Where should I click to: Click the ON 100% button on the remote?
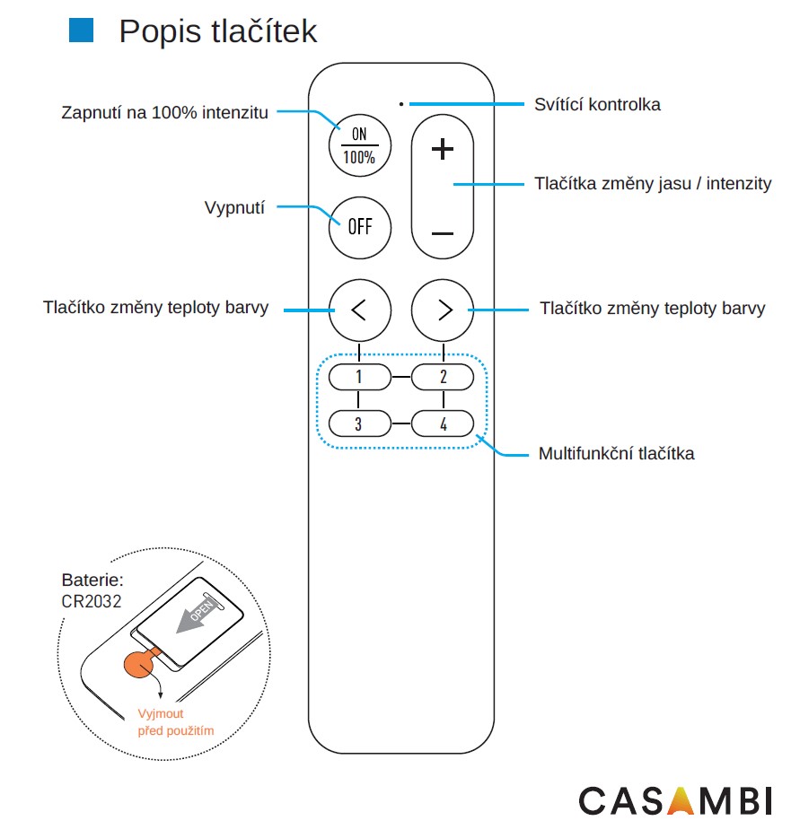coord(360,144)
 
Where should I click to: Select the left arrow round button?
coord(359,310)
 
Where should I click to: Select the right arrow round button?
coord(443,310)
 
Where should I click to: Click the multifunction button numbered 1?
coord(359,377)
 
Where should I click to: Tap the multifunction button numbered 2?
coord(443,377)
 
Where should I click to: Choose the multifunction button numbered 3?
coord(359,423)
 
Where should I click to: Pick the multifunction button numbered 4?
coord(443,423)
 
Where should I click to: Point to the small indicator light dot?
coord(401,103)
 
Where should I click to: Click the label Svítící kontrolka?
coord(597,104)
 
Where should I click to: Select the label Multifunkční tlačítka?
coord(616,453)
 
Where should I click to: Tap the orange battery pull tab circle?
coord(139,665)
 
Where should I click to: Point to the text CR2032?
coord(92,601)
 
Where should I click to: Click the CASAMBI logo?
coord(674,799)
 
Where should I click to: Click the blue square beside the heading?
coord(82,31)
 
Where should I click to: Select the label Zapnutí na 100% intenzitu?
coord(164,113)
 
